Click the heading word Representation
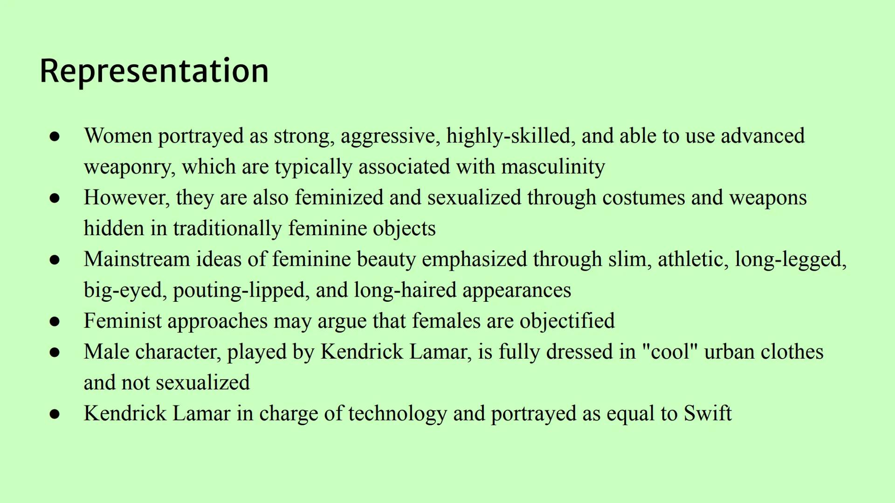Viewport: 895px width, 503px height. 154,71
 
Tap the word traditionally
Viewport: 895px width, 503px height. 227,229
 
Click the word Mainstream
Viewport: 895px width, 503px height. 137,259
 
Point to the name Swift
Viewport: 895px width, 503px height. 708,413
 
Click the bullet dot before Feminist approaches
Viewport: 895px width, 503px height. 55,321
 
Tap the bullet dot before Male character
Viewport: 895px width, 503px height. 55,352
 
